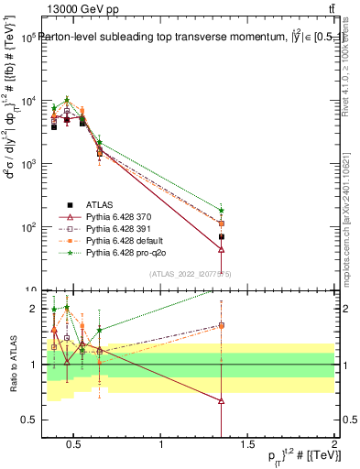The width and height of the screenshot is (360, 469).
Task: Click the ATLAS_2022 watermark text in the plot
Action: [190, 273]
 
